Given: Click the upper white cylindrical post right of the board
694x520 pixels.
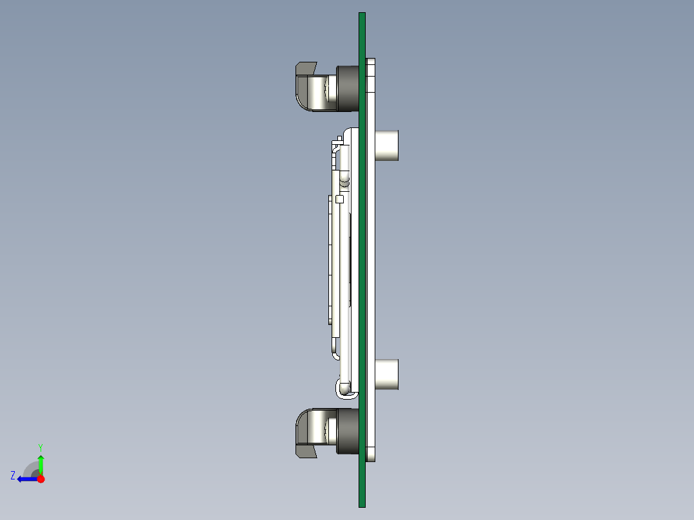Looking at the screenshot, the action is pos(387,145).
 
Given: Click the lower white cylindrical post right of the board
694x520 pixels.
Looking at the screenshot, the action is pos(387,375).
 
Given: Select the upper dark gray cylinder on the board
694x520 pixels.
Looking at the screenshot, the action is pos(348,88).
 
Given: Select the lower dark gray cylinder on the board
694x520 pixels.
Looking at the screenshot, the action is pos(348,431).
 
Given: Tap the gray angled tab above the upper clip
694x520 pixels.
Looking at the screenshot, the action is pos(305,69).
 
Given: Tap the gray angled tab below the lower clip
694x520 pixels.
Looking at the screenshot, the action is pos(305,451).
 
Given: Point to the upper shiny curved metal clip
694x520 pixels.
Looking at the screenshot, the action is pos(315,93).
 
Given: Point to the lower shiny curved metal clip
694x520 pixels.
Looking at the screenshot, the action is pos(315,427).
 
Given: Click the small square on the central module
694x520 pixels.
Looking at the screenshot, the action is pos(339,200).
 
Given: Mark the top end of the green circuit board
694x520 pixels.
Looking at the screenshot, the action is pos(362,13).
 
